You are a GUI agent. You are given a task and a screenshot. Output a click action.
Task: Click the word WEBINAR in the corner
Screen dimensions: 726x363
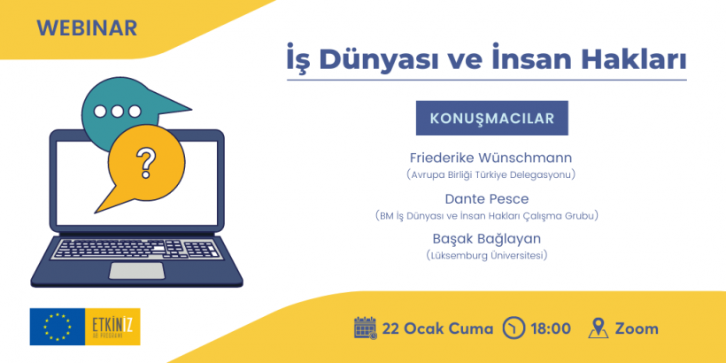pos(87,28)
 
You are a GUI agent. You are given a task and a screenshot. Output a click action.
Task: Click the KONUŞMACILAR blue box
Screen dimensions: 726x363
pos(491,118)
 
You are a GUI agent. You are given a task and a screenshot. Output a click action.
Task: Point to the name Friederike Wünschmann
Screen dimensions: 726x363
pos(490,158)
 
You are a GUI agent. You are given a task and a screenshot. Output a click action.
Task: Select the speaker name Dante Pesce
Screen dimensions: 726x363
pos(487,199)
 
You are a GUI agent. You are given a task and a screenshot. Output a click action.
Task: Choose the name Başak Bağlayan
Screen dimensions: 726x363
pos(487,239)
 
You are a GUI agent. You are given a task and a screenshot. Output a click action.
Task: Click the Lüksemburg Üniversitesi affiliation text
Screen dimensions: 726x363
pos(487,255)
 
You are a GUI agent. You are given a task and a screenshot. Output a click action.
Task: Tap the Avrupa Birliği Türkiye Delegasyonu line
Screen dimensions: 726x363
pos(490,175)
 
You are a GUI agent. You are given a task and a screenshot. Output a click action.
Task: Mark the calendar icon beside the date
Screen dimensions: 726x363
pos(366,328)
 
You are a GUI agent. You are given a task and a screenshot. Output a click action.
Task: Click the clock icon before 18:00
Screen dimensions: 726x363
pos(514,328)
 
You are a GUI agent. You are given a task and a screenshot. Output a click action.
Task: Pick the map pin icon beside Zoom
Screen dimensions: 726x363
pos(599,328)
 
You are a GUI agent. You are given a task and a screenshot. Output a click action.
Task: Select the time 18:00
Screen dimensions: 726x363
pos(551,328)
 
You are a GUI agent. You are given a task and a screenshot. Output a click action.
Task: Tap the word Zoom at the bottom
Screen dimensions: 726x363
pos(637,328)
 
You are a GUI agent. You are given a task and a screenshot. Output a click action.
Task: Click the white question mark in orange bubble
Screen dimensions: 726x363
pos(146,163)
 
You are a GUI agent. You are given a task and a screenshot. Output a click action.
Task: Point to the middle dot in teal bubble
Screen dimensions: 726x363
pos(117,112)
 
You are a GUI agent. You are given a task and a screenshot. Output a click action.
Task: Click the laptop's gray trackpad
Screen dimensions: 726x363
pos(136,271)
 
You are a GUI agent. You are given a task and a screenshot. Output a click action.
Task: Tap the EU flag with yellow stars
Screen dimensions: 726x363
pos(58,327)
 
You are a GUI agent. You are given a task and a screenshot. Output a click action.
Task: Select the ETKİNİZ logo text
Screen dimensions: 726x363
pos(112,324)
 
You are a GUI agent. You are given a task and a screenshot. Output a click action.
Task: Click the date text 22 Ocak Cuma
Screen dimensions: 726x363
pos(437,328)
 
